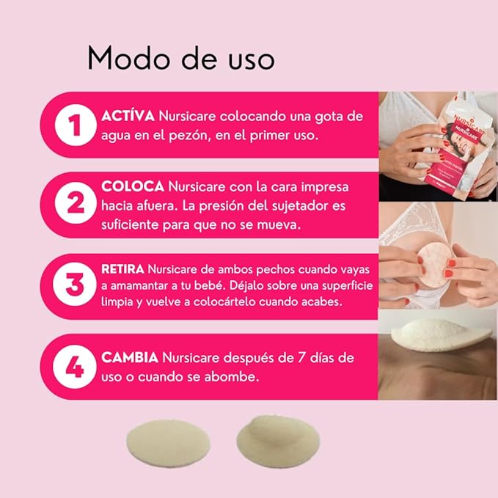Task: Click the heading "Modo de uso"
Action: pos(180,58)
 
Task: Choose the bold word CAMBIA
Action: pos(130,358)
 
